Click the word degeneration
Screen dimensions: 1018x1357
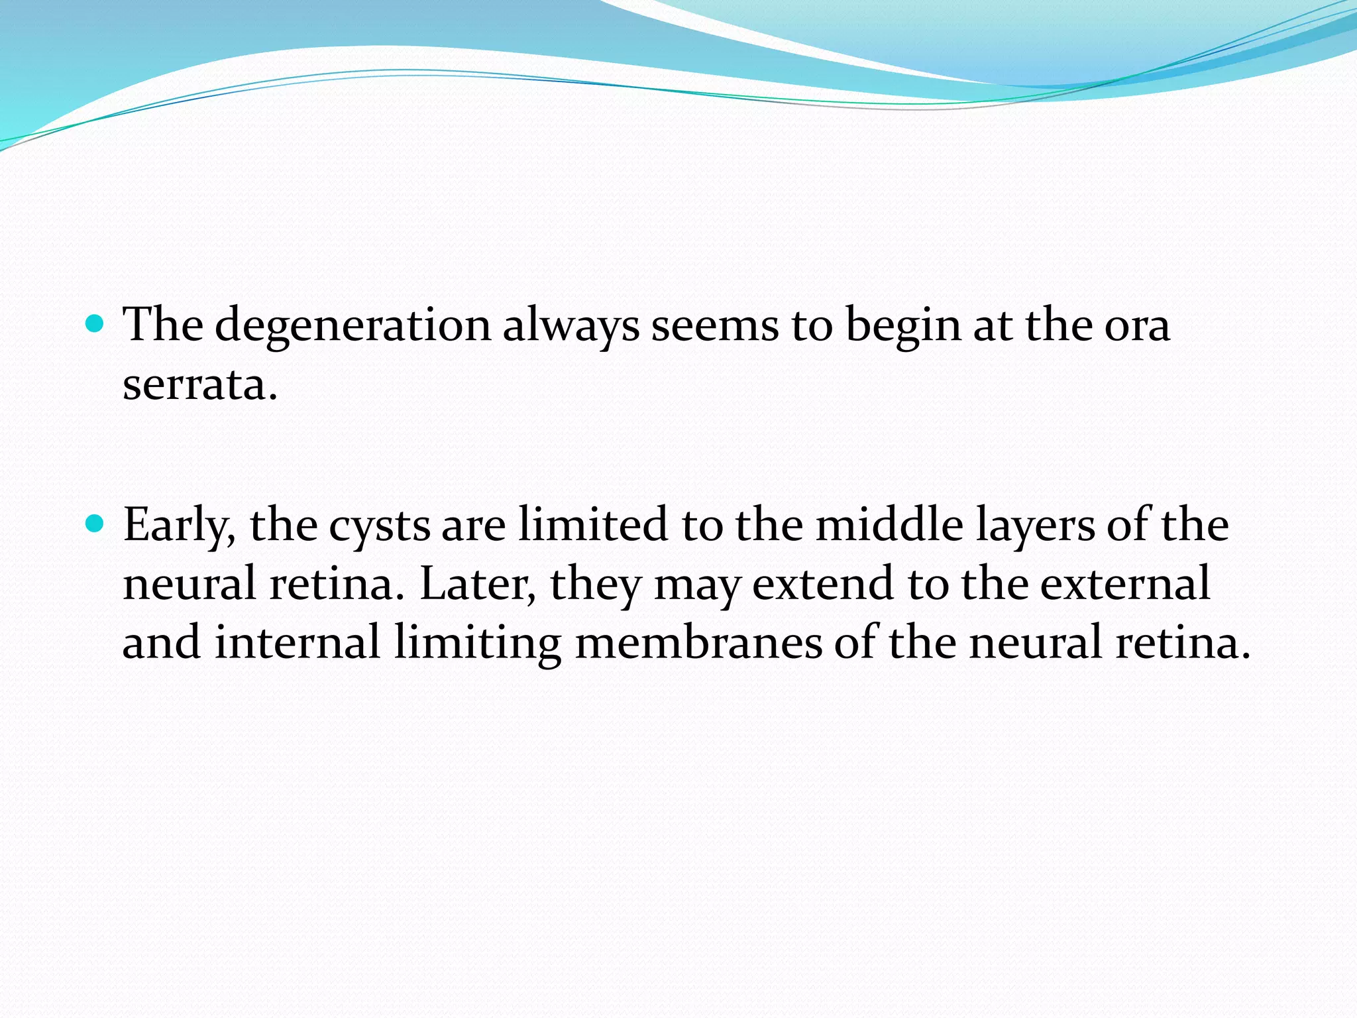(x=353, y=326)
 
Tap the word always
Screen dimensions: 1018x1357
(x=570, y=326)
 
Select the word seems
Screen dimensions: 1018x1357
(x=715, y=326)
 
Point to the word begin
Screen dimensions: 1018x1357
(x=903, y=326)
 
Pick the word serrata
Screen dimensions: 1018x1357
(x=199, y=384)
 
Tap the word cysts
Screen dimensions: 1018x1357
(x=380, y=525)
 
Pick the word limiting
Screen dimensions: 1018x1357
(x=478, y=642)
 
